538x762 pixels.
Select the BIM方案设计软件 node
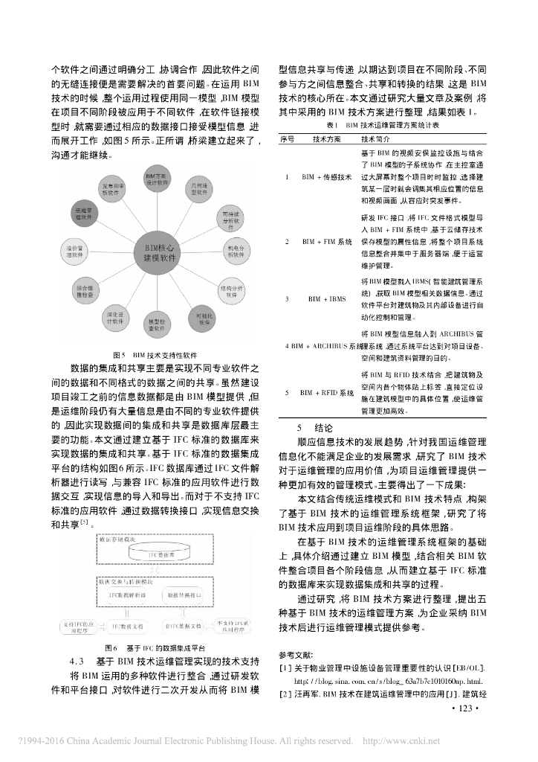pyautogui.click(x=158, y=177)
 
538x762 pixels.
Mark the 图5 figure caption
pyautogui.click(x=155, y=354)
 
